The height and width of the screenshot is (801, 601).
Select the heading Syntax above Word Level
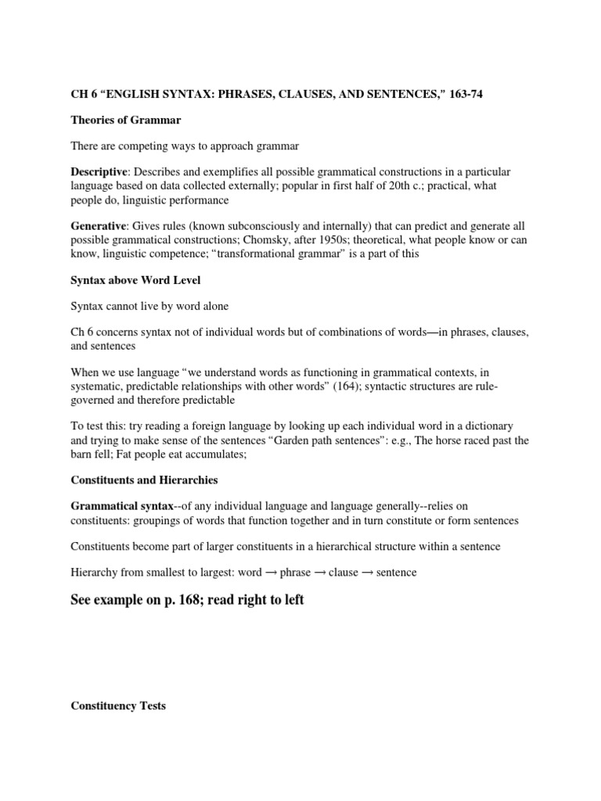point(129,280)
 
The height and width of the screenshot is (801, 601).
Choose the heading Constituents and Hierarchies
point(144,480)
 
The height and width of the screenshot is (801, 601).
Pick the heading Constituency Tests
point(118,706)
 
